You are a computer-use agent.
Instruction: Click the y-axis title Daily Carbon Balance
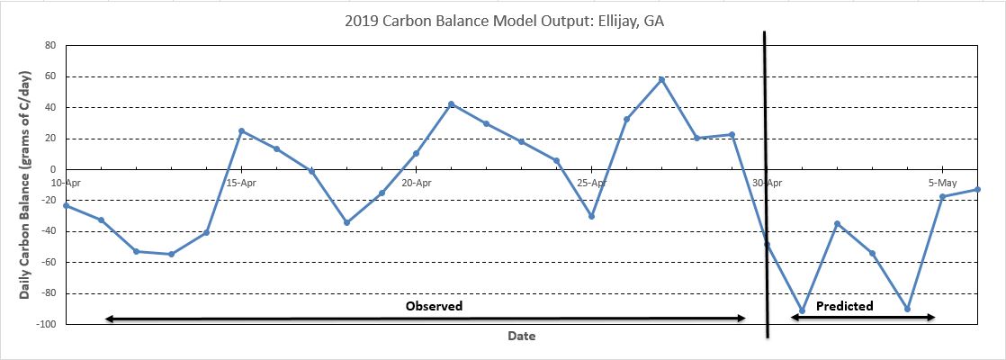coord(27,185)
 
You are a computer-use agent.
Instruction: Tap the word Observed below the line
coord(434,306)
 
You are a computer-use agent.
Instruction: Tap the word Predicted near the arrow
coord(844,306)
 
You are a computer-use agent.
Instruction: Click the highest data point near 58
coord(661,79)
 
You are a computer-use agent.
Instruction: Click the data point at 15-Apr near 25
coord(241,130)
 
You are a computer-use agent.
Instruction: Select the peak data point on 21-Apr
coord(451,104)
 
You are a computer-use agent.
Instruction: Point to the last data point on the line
coord(977,189)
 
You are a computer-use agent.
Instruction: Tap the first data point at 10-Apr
coord(66,205)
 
